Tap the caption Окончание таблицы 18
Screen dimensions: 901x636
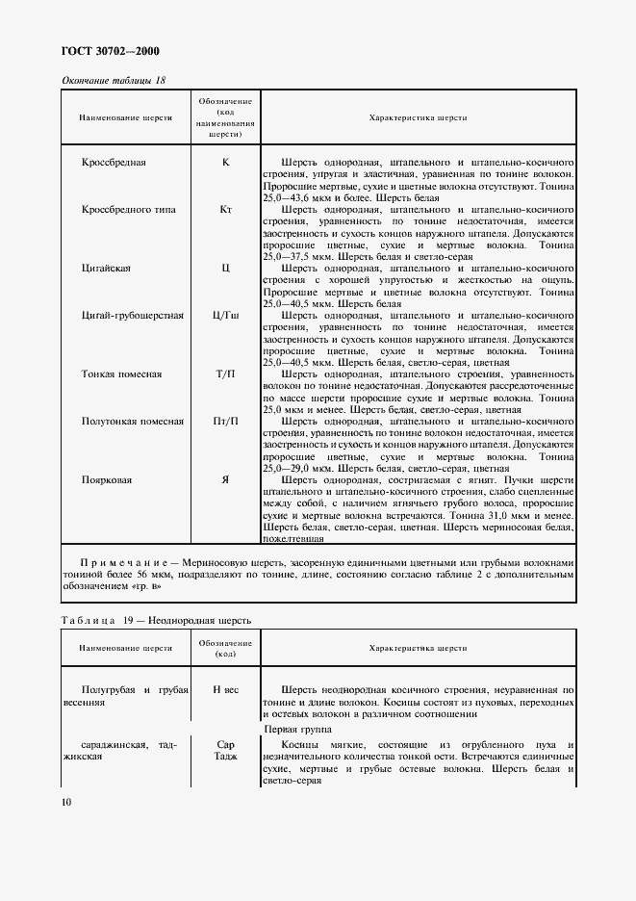tap(114, 80)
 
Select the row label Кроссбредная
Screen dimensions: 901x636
tap(121, 162)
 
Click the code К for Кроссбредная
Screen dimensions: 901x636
tap(225, 162)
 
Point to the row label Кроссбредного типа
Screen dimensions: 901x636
tap(129, 209)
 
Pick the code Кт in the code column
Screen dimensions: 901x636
tap(225, 209)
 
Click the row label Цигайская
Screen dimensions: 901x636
tap(107, 268)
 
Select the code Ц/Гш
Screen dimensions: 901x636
tap(225, 315)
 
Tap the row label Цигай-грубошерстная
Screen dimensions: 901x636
tap(133, 315)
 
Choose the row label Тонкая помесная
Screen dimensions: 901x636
tap(121, 373)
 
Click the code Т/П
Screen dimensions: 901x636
tap(225, 373)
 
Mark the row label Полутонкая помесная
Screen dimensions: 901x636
tap(133, 421)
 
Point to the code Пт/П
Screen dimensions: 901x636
tap(225, 421)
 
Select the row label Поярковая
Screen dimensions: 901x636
tap(107, 479)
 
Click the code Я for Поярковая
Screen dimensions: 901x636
tap(225, 479)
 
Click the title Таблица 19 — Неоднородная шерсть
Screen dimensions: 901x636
tap(156, 620)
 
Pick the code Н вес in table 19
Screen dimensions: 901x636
tap(225, 690)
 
